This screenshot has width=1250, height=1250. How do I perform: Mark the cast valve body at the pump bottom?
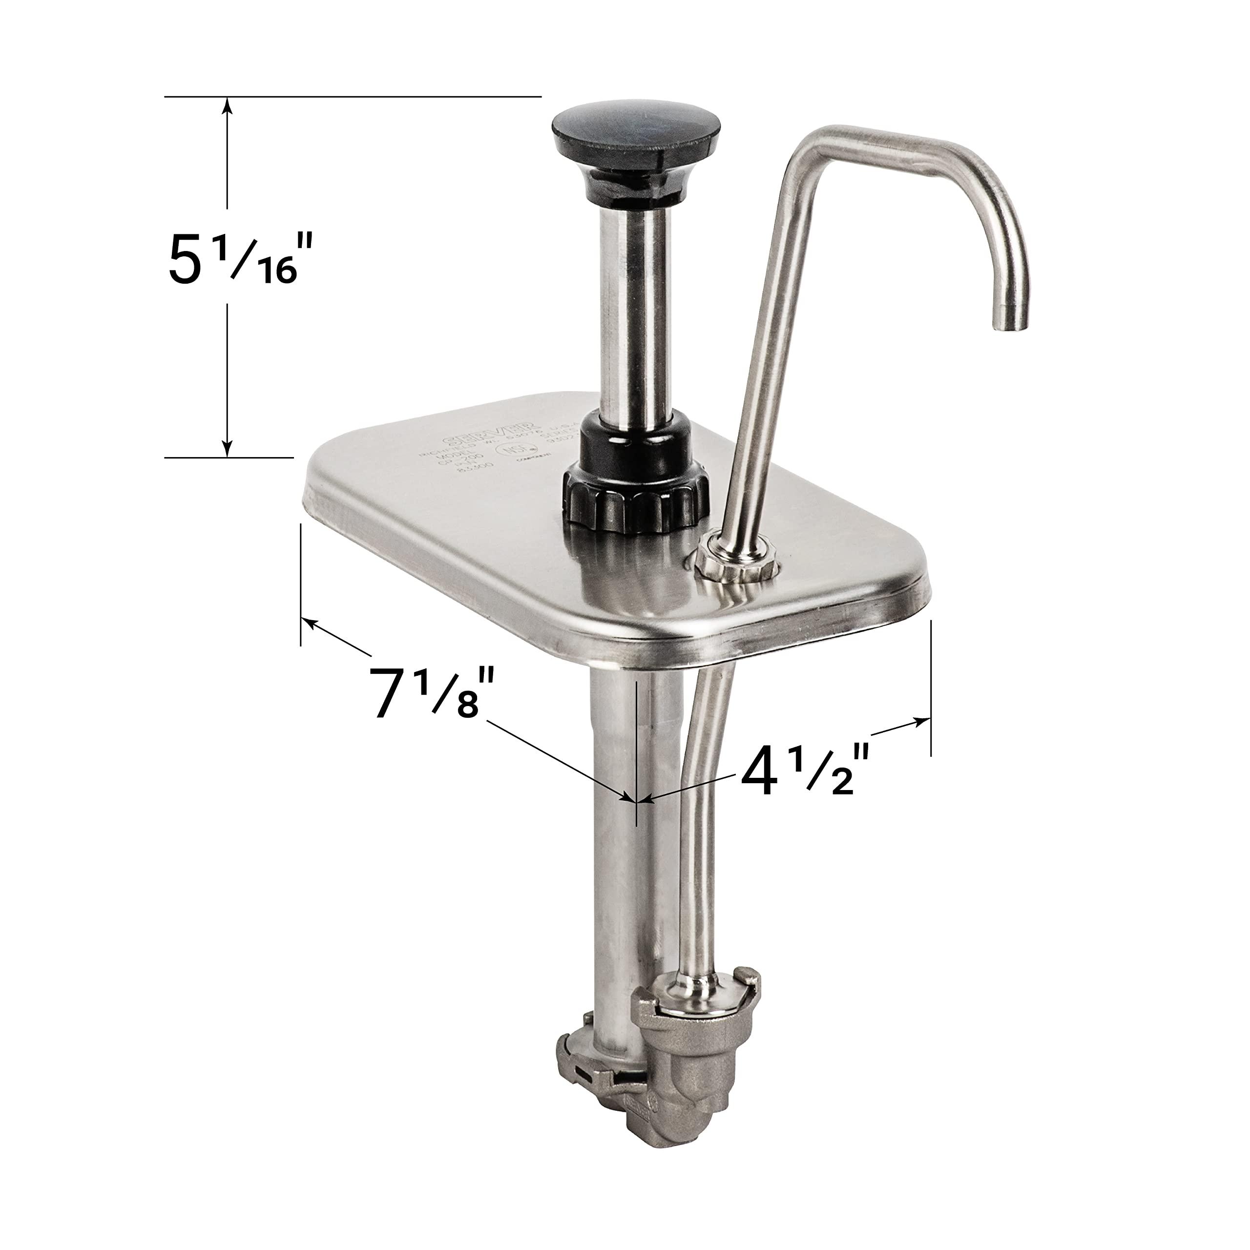686,1113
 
